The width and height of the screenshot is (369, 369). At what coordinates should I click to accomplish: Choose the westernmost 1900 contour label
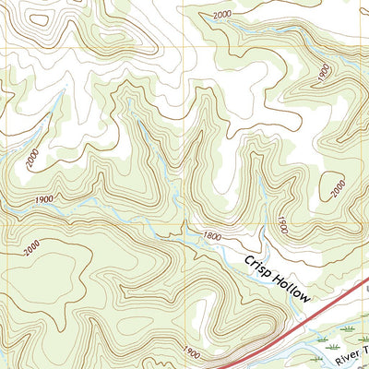pyautogui.click(x=43, y=200)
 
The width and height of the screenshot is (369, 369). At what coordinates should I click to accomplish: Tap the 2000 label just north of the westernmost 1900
pyautogui.click(x=34, y=161)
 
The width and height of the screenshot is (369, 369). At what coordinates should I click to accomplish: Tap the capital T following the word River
pyautogui.click(x=364, y=346)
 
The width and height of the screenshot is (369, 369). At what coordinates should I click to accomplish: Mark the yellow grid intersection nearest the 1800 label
pyautogui.click(x=184, y=222)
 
